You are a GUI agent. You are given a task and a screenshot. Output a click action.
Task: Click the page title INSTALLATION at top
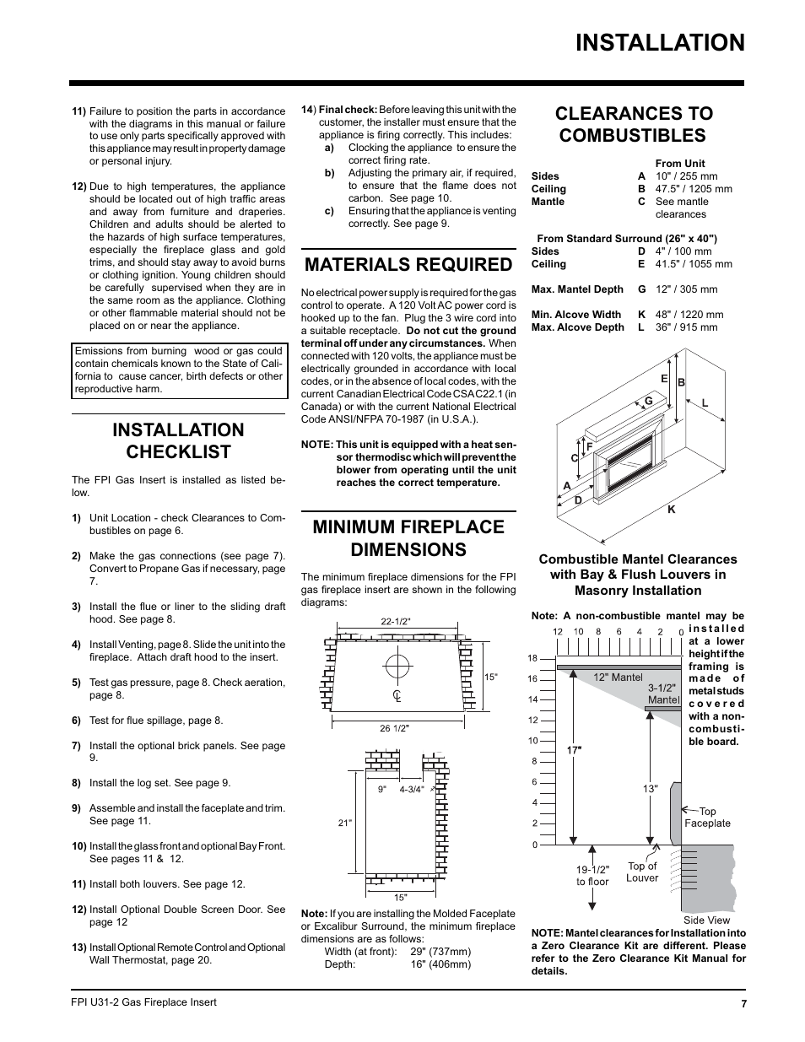coord(659,43)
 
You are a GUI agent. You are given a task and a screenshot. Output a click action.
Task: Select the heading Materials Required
coord(408,264)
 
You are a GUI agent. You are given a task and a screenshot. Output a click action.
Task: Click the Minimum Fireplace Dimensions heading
coord(408,537)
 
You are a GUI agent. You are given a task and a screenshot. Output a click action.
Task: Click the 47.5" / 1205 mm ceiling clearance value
coord(694,189)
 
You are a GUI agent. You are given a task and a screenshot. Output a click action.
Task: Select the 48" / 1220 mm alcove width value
coord(689,315)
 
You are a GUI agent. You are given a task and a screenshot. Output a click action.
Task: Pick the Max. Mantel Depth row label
coord(577,289)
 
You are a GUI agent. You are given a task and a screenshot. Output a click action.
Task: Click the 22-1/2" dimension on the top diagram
coord(395,622)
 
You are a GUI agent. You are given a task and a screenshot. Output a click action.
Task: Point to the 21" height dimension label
coord(344,823)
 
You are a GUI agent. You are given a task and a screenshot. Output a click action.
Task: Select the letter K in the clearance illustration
coord(672,510)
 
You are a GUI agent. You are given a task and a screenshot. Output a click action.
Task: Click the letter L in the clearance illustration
coord(705,403)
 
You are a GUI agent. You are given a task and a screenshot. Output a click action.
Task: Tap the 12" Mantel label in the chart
coord(618,677)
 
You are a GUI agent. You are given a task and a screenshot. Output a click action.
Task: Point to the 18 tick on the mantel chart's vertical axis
coord(532,658)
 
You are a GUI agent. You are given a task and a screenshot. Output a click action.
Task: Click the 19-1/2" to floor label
coord(592,875)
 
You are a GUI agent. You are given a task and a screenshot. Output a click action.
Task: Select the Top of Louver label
coord(642,872)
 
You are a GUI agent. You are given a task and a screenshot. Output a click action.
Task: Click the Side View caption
coord(706,921)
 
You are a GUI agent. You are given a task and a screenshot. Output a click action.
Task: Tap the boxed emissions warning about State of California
coord(179,370)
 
